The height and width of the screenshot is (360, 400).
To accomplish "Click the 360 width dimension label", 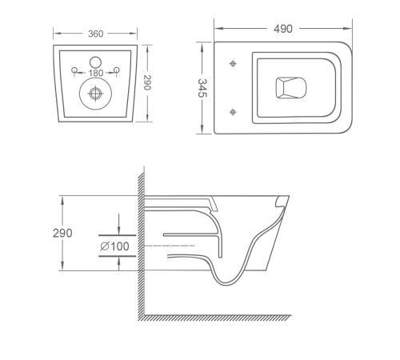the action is pyautogui.click(x=95, y=34).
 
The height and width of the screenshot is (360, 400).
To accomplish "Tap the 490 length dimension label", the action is pyautogui.click(x=283, y=29).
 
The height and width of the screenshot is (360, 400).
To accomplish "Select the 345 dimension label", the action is pyautogui.click(x=202, y=88).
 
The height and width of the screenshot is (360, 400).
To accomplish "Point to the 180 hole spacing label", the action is pyautogui.click(x=96, y=73).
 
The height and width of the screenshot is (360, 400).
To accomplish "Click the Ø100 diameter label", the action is pyautogui.click(x=114, y=246).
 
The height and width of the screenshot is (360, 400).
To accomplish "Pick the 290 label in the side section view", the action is pyautogui.click(x=62, y=233).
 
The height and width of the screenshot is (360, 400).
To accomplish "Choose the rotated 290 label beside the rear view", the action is pyautogui.click(x=147, y=82).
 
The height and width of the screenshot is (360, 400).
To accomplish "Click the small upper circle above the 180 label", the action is pyautogui.click(x=95, y=62).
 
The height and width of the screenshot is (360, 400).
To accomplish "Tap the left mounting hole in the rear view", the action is pyautogui.click(x=74, y=70).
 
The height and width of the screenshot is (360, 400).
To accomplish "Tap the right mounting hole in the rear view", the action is pyautogui.click(x=117, y=70).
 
